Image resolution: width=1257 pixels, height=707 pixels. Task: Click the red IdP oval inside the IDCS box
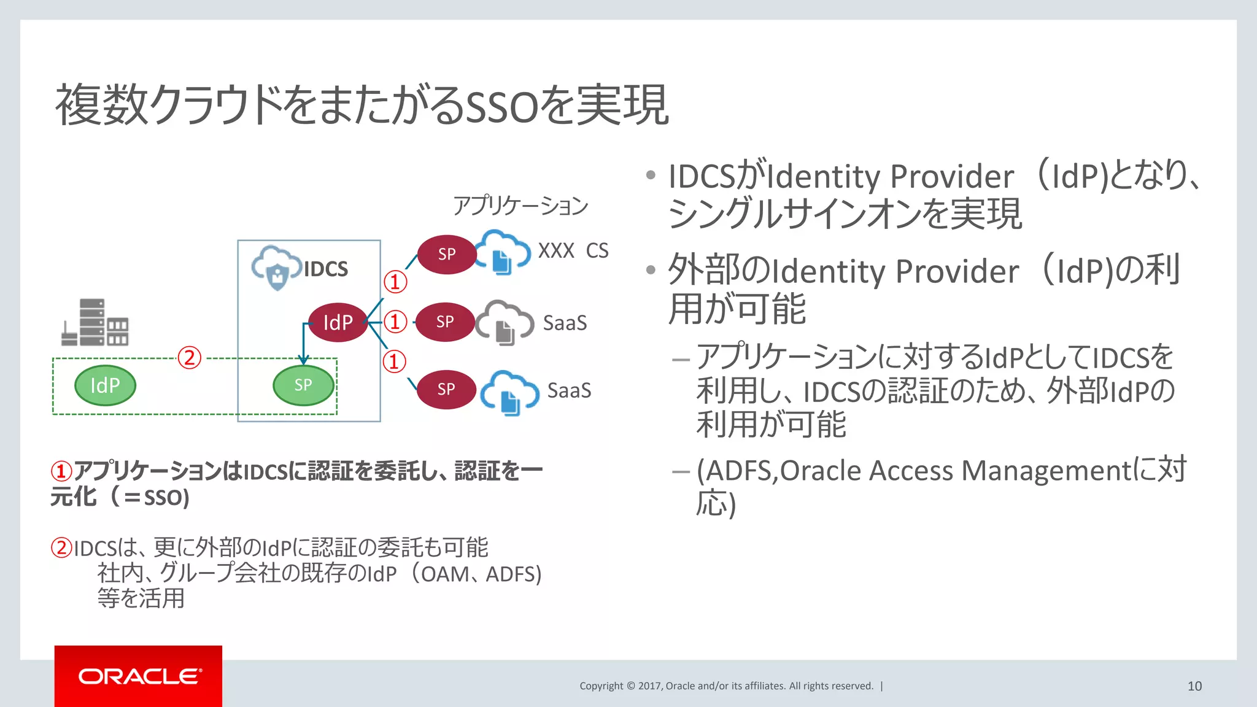point(338,323)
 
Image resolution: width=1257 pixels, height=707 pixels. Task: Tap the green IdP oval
point(105,385)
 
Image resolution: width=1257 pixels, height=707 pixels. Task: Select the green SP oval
point(303,385)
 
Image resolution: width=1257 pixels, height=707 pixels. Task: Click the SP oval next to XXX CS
point(447,254)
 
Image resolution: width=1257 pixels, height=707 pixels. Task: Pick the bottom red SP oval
point(446,389)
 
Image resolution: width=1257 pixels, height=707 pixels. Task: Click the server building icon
point(95,323)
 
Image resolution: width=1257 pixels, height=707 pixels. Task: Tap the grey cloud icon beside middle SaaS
point(505,322)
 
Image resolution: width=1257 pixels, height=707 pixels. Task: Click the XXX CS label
point(573,251)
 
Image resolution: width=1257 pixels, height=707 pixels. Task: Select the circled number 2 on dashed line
point(189,357)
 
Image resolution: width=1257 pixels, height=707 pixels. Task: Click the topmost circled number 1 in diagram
point(395,282)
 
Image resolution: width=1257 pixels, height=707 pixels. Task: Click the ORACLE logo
point(139,676)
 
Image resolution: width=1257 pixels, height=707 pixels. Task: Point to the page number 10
point(1194,686)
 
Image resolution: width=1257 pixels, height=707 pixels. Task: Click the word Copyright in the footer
point(601,686)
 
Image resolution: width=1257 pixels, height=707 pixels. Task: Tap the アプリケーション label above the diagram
point(520,206)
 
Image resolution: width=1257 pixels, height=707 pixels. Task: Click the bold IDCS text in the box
point(325,269)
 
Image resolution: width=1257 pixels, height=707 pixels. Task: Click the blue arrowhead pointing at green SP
point(303,360)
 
